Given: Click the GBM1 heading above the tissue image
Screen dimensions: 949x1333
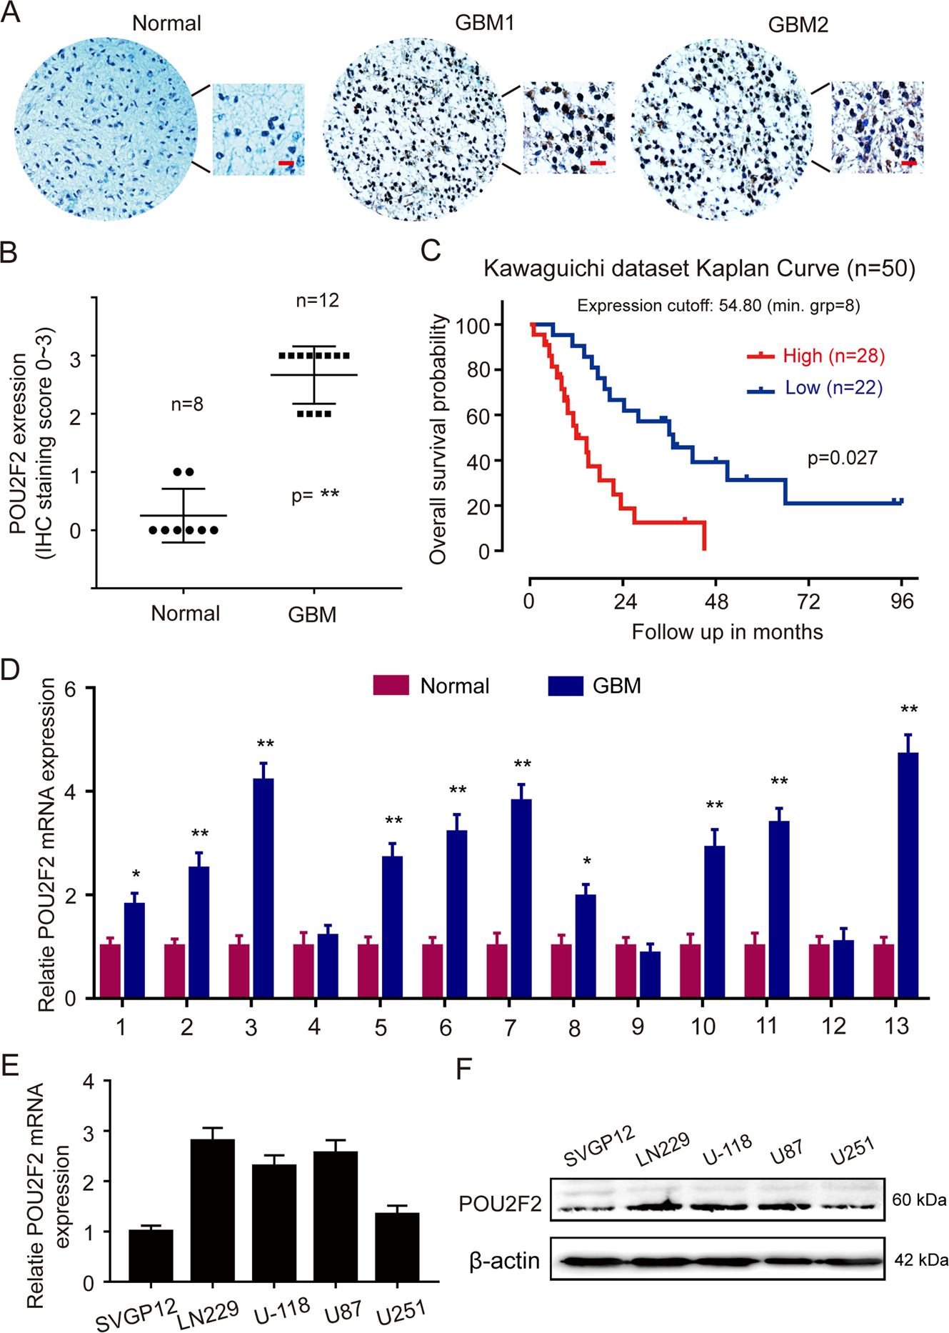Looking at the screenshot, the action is coord(484,23).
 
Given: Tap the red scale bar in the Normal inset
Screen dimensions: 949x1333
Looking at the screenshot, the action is coord(286,164).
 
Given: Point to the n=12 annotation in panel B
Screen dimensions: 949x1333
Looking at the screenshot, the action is coord(317,301).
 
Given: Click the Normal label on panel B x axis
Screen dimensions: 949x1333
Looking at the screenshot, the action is coord(185,613).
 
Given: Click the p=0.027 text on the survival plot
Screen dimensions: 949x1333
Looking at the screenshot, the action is coord(842,458).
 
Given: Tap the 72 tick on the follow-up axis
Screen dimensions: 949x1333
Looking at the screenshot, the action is coord(808,601).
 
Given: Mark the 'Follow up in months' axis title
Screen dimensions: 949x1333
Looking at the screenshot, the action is coord(727,632).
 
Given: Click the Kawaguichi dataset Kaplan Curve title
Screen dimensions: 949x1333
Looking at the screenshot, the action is coord(699,269).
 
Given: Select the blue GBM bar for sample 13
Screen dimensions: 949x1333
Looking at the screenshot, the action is coord(908,875).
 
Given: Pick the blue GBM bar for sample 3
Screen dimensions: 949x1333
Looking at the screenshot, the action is coord(263,888).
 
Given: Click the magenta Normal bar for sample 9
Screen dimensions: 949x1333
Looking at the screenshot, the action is coord(626,971).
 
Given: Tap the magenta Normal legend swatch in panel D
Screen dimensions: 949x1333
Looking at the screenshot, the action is coord(391,685).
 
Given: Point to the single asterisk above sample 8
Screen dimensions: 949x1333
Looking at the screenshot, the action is coord(586,862).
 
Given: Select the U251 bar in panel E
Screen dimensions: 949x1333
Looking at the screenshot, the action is coord(397,1247).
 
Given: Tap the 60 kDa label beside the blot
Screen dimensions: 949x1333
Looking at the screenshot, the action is coord(920,1199).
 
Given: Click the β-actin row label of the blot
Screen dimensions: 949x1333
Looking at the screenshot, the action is coord(504,1261).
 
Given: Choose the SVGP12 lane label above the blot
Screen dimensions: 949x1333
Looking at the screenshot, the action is coord(598,1145).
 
